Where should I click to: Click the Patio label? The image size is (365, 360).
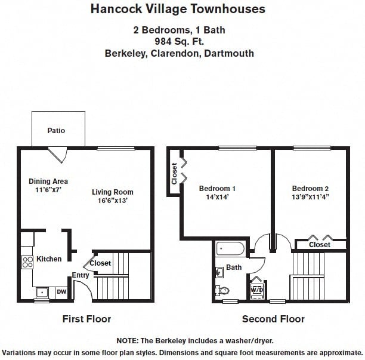click(57, 130)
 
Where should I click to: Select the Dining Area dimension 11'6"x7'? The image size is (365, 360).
click(48, 190)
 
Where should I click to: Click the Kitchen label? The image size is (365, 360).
click(49, 259)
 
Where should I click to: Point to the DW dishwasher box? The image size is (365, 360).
click(61, 292)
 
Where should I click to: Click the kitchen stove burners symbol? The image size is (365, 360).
click(27, 261)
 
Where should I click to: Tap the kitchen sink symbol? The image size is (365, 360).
click(42, 293)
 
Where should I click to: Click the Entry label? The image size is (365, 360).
click(81, 275)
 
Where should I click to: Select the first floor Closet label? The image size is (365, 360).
click(100, 263)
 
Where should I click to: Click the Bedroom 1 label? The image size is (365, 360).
click(217, 189)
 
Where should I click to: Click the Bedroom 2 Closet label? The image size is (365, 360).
click(320, 245)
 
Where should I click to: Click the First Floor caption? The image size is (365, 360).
click(86, 319)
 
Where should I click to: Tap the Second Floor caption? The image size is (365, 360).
click(273, 319)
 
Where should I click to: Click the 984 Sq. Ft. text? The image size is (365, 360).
click(178, 41)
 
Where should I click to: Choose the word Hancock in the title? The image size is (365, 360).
click(114, 9)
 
